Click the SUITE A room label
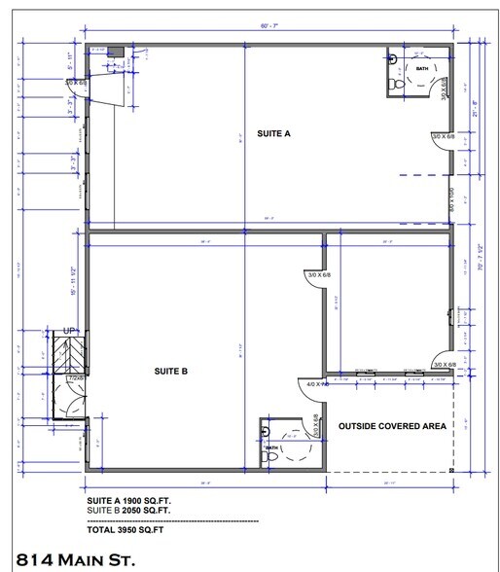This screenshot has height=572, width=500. click(273, 134)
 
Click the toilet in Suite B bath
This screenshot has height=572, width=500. click(268, 451)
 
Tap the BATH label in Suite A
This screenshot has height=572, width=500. click(422, 70)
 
